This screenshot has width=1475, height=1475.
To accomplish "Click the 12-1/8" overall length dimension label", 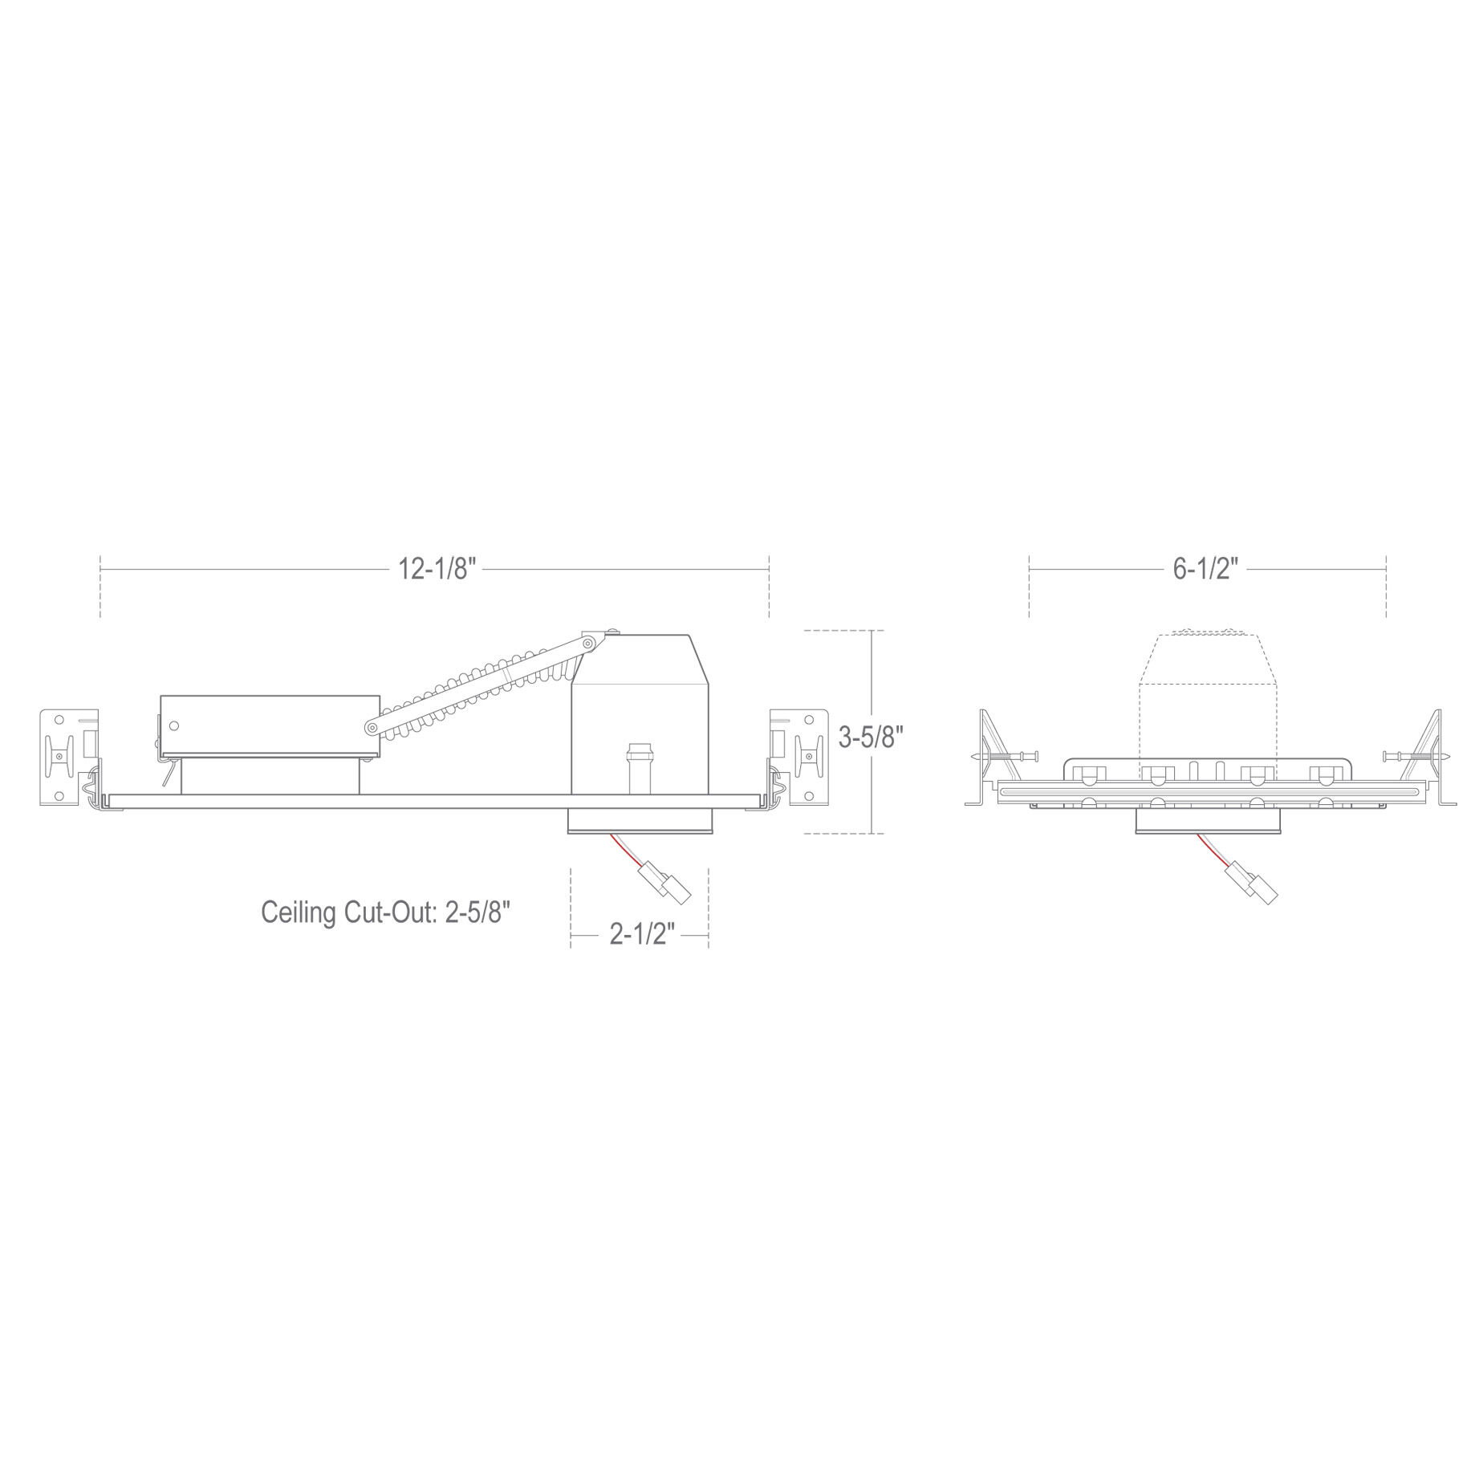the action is (x=437, y=569).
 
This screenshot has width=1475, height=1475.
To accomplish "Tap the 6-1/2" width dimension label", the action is (x=1206, y=569).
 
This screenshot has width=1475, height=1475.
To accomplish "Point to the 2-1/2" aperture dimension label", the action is (x=640, y=934).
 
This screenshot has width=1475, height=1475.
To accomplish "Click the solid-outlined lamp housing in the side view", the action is (x=640, y=721).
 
